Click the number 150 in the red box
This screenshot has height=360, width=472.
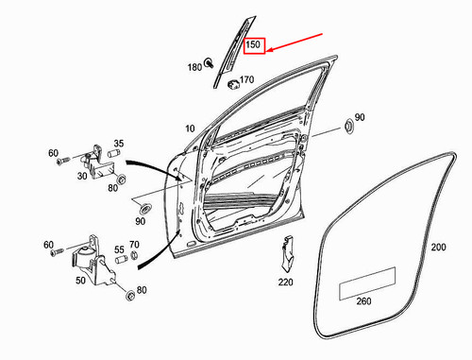click(254, 44)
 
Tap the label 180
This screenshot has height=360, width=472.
click(194, 67)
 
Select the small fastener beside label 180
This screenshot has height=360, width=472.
click(209, 65)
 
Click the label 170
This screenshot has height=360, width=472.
click(247, 80)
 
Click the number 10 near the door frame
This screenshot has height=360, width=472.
click(191, 128)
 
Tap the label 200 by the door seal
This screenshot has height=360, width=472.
click(438, 248)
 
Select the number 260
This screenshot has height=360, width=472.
click(364, 303)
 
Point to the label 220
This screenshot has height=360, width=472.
click(286, 282)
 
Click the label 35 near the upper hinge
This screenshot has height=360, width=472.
click(119, 145)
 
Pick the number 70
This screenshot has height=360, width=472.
click(135, 244)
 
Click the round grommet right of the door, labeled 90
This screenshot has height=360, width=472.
click(346, 126)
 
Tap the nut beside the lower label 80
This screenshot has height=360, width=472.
click(127, 299)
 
